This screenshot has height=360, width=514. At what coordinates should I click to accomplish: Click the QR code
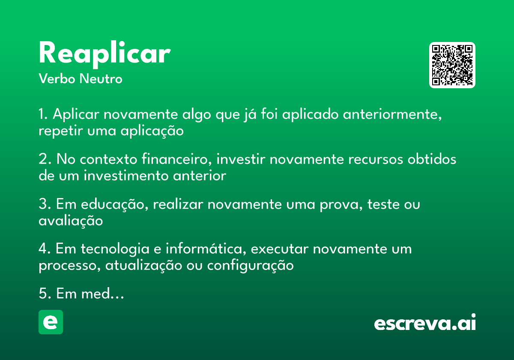(452, 65)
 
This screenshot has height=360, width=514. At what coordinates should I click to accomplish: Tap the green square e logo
(51, 322)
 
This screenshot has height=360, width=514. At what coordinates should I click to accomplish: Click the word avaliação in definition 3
(71, 220)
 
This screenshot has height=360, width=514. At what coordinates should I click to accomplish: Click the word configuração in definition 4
(251, 265)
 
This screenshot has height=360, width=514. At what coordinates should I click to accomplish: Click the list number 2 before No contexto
(43, 159)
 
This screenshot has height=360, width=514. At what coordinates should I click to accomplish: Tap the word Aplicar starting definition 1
(76, 115)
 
